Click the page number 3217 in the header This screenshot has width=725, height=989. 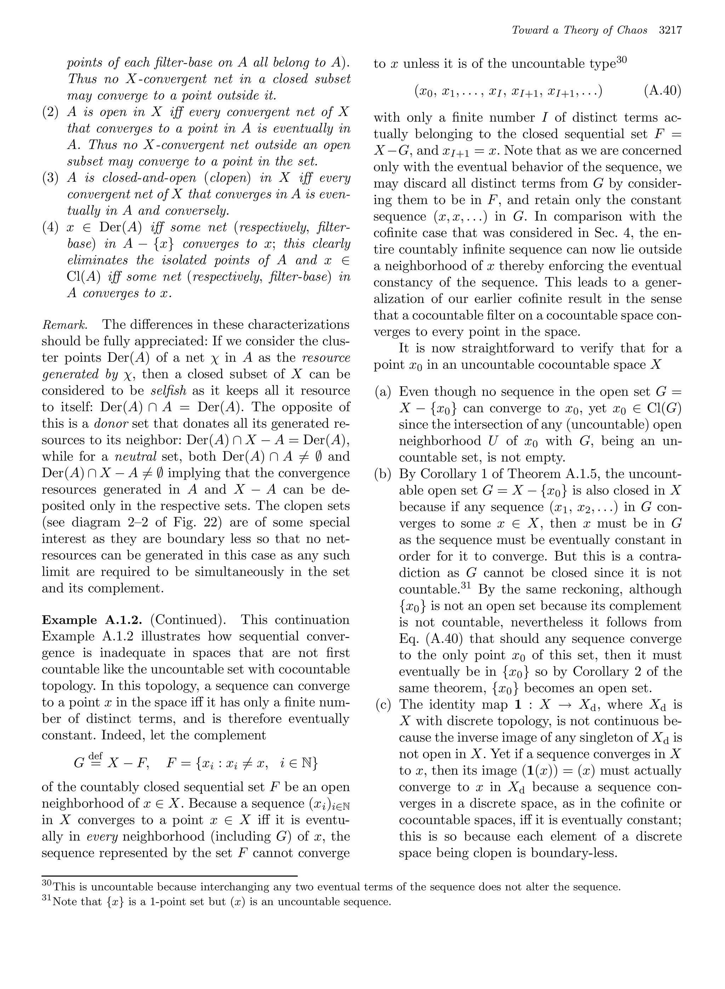[x=670, y=30]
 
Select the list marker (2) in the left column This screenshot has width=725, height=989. [x=51, y=112]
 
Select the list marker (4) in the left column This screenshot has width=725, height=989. [x=51, y=228]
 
